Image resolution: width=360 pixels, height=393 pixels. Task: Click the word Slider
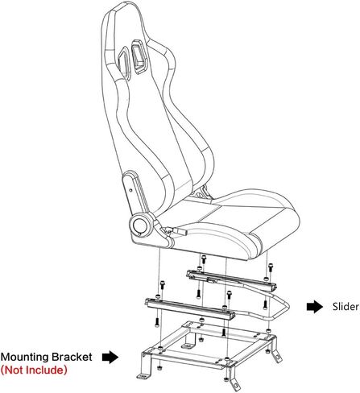point(346,306)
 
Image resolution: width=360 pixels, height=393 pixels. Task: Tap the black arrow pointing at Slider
point(315,307)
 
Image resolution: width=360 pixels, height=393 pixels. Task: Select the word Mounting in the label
point(25,358)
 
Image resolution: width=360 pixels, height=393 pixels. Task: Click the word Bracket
point(72,357)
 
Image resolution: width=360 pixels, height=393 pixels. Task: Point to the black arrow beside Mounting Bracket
point(110,358)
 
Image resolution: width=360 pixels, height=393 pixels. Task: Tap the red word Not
point(15,370)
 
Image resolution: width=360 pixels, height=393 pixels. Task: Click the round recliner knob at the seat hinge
point(140,225)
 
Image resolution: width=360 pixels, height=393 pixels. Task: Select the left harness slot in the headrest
point(124,61)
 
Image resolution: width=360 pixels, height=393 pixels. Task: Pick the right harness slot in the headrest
point(139,56)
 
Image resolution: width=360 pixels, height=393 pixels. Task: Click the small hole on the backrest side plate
point(130,190)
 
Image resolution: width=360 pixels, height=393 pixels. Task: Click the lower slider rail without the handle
point(190,308)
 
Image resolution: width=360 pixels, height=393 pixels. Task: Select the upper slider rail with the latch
point(231,281)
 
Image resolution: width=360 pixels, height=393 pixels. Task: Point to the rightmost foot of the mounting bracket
point(277,355)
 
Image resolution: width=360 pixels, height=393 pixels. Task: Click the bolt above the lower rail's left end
point(162,285)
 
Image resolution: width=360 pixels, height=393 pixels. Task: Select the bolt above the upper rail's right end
point(271,267)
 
